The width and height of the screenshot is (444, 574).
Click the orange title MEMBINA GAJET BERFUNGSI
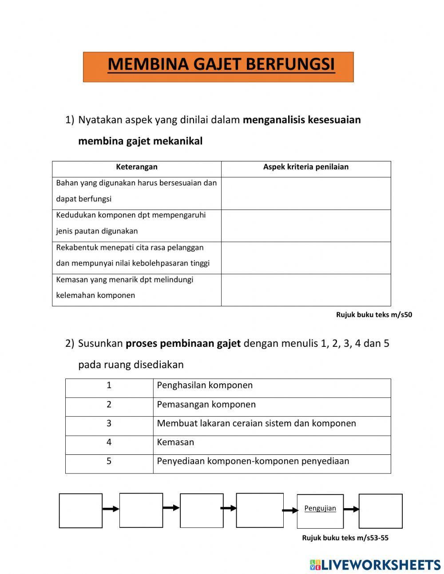[221, 65]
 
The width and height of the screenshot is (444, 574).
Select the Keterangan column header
[137, 167]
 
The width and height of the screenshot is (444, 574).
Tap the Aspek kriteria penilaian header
[305, 167]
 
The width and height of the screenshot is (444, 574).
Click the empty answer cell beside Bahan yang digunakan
[306, 193]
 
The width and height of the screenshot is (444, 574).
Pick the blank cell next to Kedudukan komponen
[306, 226]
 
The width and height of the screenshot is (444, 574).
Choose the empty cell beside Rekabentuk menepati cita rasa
[306, 258]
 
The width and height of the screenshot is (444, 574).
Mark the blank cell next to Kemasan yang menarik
[306, 290]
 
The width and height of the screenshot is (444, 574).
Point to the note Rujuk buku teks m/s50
[374, 315]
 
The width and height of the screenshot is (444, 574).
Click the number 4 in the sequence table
[109, 442]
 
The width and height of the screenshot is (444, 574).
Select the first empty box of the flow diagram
[81, 510]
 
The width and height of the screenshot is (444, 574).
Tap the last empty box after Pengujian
[381, 511]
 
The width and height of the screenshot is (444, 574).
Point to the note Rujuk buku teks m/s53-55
[345, 538]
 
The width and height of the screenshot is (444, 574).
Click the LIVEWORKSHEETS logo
[375, 565]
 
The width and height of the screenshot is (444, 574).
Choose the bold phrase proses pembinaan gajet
[183, 344]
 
